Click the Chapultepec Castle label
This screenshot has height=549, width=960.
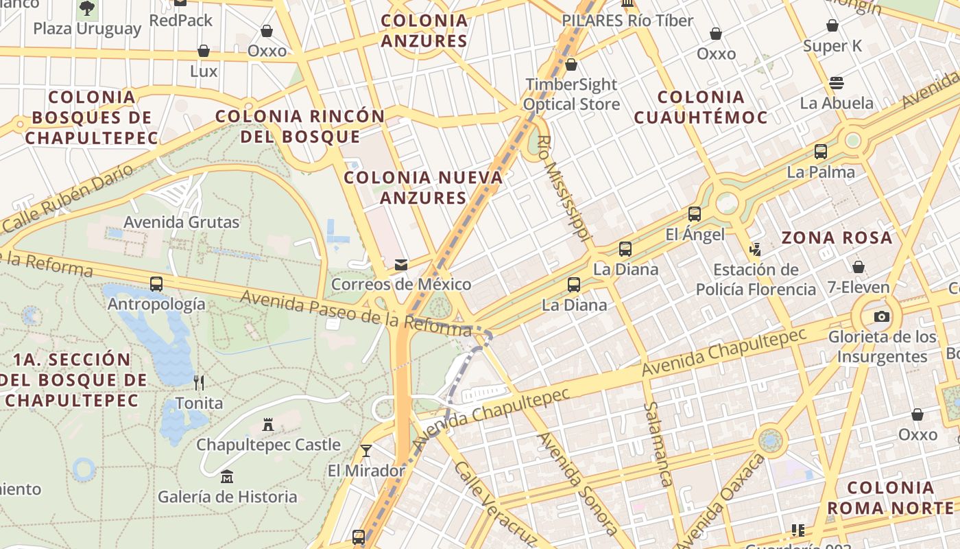[268, 445]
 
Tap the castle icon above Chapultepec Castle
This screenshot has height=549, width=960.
[268, 425]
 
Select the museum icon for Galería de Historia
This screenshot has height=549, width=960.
[227, 476]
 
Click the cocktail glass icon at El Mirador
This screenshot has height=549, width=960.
[366, 450]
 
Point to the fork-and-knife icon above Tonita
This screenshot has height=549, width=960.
[199, 382]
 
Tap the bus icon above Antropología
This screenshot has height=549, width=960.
[156, 283]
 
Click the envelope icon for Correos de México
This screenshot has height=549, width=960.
[401, 265]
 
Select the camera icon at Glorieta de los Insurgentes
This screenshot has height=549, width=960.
[882, 316]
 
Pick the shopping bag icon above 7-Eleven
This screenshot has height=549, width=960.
[858, 267]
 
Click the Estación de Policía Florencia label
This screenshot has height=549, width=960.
[756, 279]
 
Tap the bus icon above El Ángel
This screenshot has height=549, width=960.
[695, 214]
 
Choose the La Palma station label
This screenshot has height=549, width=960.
[821, 172]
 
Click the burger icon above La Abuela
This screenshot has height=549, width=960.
[836, 83]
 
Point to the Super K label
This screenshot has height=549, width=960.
[832, 46]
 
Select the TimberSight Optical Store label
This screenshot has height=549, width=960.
[571, 94]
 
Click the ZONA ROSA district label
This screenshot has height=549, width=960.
[837, 238]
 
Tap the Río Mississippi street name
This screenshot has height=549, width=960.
[564, 187]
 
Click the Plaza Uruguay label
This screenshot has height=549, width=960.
[87, 29]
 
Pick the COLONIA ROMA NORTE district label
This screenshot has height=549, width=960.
[890, 498]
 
